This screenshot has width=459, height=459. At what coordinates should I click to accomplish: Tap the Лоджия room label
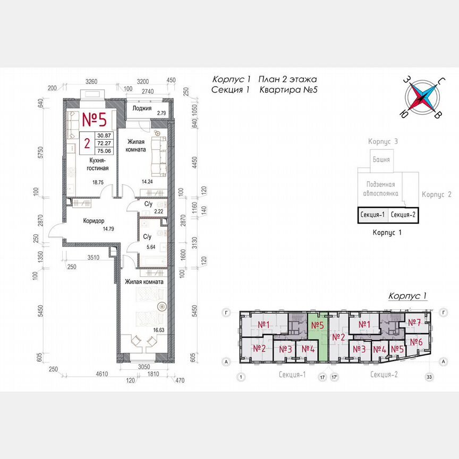click(x=142, y=108)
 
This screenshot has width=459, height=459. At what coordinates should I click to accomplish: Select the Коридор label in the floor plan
click(x=93, y=221)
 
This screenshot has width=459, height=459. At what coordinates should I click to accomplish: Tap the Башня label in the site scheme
click(x=381, y=159)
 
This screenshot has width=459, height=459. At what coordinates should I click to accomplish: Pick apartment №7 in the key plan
click(x=414, y=322)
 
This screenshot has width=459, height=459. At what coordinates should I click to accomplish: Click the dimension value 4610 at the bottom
click(x=88, y=375)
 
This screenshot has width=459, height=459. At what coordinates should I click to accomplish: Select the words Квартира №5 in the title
click(x=288, y=90)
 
